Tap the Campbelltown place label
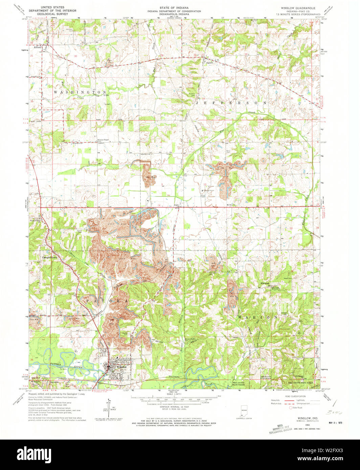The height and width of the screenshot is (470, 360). [x=50, y=257]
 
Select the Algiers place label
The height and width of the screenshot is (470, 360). [x=209, y=62]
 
